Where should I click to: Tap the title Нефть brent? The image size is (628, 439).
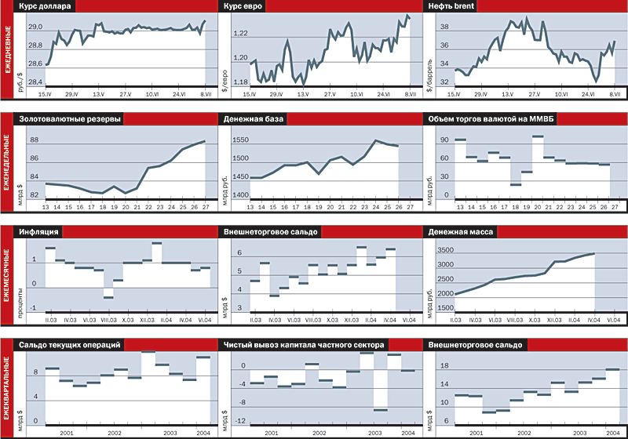pyautogui.click(x=451, y=6)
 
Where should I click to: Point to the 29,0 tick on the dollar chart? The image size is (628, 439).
pyautogui.click(x=35, y=27)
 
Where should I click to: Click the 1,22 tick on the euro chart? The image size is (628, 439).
pyautogui.click(x=240, y=34)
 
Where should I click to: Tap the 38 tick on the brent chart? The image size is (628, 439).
pyautogui.click(x=444, y=27)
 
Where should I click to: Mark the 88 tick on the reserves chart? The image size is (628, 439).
pyautogui.click(x=34, y=140)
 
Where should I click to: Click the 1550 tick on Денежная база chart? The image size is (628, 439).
pyautogui.click(x=239, y=140)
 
